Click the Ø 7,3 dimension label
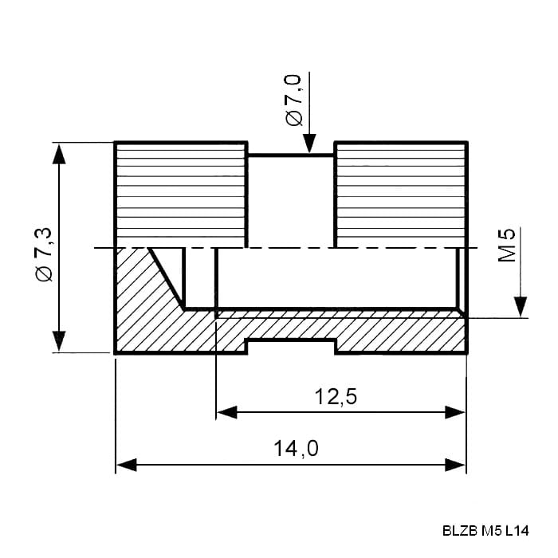click(44, 254)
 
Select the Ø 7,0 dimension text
click(293, 100)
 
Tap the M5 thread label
click(506, 245)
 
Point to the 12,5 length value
click(336, 396)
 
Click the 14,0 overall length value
click(296, 448)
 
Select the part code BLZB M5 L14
click(485, 531)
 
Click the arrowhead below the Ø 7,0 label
click(309, 143)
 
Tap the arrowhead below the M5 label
click(521, 307)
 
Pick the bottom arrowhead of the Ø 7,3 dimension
click(59, 341)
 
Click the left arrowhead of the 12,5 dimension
click(226, 412)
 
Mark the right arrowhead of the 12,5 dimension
click(455, 412)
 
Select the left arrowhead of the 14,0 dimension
click(126, 465)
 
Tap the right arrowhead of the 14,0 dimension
click(455, 465)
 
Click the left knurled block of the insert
click(181, 195)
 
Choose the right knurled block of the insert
click(401, 195)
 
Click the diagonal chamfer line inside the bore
click(167, 279)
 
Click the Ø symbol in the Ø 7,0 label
click(294, 118)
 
